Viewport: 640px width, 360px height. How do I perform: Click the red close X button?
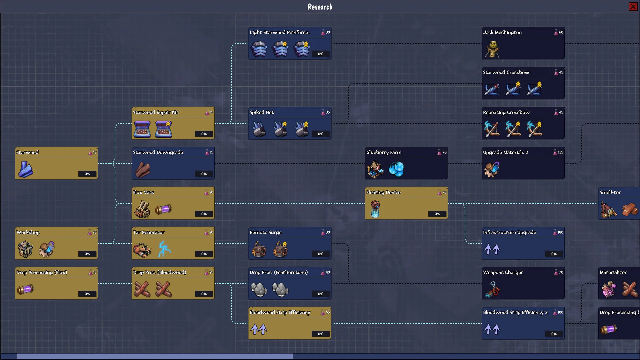633,7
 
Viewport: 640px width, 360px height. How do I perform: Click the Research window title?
320,7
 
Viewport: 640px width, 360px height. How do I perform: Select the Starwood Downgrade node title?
158,152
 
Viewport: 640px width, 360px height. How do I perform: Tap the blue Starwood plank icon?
25,169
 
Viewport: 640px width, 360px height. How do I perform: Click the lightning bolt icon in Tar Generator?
164,249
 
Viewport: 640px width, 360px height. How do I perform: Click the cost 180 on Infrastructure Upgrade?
560,232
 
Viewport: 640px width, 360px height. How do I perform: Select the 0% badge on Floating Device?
437,214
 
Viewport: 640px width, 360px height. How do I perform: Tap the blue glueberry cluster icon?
396,169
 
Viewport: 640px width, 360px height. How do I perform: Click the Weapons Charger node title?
503,272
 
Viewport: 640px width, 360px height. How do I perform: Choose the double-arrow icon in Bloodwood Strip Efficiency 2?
492,329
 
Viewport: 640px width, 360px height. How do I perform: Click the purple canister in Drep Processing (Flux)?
25,289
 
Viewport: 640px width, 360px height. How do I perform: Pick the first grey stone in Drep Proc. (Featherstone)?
259,289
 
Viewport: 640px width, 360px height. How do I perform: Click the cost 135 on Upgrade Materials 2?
560,152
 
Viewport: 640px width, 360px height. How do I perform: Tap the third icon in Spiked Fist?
302,129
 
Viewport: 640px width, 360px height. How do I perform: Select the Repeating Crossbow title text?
506,112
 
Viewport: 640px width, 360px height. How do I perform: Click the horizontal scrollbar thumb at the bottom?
155,356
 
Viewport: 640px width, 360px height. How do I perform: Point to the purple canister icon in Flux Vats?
163,209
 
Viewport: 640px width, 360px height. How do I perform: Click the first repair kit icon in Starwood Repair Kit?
142,129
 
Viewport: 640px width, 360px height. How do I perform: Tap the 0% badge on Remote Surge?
320,254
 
